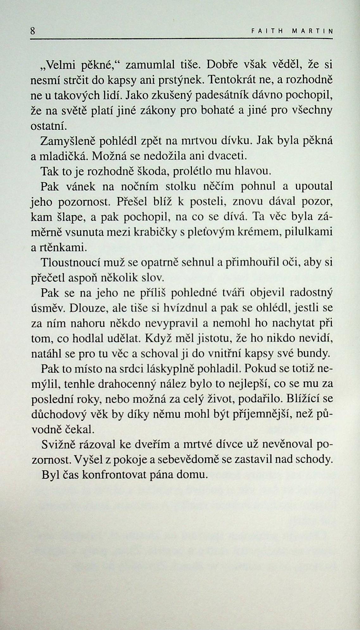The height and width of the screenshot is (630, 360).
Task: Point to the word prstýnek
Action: (x=179, y=80)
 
